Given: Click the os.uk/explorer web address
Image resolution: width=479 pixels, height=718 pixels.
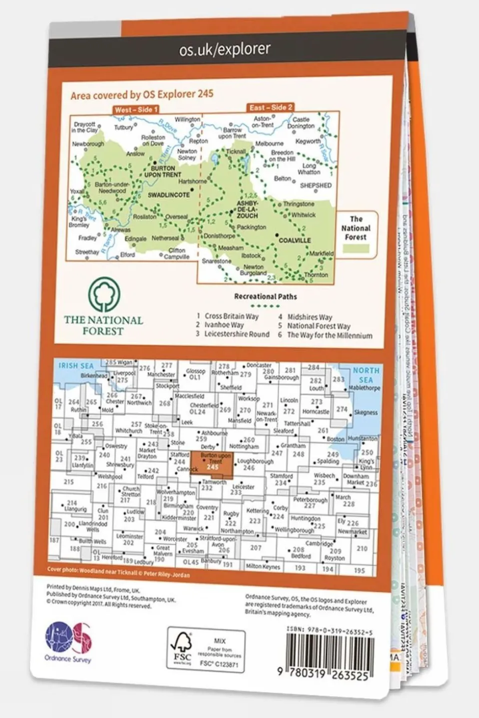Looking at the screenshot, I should point(225,49).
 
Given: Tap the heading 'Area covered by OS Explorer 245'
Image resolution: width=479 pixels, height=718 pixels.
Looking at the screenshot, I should point(142,94).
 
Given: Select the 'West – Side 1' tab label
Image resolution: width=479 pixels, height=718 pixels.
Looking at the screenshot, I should point(136,109).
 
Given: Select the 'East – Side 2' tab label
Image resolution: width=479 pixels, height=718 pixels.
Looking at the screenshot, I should point(271,107).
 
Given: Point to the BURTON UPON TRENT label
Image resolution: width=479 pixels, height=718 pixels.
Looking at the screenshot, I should point(163,172).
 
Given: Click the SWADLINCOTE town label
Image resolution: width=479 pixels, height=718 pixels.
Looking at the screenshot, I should point(168,195).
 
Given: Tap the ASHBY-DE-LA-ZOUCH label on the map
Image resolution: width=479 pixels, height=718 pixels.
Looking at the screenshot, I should point(247,209).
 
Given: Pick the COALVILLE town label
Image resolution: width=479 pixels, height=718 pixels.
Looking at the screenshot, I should point(294,240).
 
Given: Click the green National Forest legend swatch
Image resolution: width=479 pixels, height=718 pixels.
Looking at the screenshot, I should point(356,248).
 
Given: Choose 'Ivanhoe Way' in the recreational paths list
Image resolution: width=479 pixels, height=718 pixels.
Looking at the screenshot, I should point(223,325).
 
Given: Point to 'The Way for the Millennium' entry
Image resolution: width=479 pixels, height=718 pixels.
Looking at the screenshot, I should point(329,335).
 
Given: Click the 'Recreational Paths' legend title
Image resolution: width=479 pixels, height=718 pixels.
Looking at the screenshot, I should point(265,296).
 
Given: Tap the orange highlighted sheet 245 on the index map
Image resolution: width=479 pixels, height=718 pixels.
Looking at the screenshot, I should point(211,464).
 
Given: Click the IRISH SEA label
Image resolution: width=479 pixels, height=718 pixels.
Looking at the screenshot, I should point(76,366).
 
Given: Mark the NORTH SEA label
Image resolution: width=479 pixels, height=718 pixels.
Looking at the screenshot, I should point(366,375).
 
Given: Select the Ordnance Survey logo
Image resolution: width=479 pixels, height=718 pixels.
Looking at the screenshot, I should point(68,641).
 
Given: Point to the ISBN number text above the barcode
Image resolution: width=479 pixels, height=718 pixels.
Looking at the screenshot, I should point(330,631).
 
